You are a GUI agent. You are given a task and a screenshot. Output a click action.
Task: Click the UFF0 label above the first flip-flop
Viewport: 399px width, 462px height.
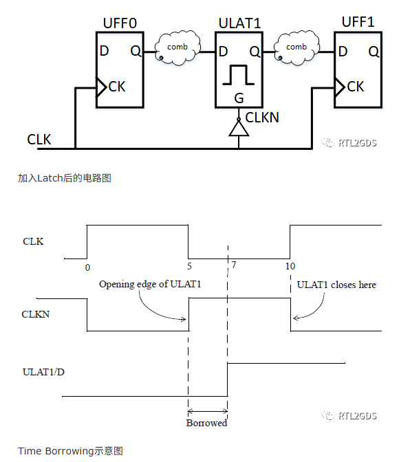[120, 23]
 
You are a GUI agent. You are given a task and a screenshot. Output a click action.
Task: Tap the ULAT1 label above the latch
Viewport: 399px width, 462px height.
[240, 23]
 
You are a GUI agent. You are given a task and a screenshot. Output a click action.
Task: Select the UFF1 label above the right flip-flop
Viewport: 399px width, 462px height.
[358, 22]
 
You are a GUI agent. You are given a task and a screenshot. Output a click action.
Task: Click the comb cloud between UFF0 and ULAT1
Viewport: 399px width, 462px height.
[177, 47]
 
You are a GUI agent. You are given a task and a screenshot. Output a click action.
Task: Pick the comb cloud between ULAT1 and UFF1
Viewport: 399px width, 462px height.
[296, 47]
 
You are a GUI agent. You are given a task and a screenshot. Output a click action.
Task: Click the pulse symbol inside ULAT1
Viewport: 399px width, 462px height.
[239, 75]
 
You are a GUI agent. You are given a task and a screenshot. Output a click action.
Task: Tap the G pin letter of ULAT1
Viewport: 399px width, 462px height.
[239, 98]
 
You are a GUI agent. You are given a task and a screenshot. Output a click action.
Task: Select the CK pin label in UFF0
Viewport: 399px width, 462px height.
[117, 87]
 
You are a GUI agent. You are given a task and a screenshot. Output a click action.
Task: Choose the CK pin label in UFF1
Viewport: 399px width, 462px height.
[356, 87]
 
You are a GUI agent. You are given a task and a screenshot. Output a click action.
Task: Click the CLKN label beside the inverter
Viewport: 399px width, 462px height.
[262, 118]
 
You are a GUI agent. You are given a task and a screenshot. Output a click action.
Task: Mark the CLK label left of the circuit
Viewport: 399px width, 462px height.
[39, 140]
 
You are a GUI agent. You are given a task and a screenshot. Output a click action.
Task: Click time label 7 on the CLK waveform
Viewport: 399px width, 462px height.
[234, 265]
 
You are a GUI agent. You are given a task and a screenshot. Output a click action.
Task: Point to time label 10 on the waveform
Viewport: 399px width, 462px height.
[290, 266]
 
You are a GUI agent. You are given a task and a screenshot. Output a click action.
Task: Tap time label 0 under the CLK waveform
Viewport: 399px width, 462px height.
[87, 267]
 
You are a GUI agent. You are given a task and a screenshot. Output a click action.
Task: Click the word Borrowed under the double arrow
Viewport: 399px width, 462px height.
[207, 423]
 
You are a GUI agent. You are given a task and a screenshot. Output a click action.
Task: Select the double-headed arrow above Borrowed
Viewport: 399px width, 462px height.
[208, 411]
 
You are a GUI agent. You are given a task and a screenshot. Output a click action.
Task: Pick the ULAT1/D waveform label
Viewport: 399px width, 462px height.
[43, 372]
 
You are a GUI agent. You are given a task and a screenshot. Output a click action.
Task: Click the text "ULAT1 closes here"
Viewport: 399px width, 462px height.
[336, 285]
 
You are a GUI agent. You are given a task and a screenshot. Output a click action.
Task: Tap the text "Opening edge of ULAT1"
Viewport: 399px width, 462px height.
[150, 285]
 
